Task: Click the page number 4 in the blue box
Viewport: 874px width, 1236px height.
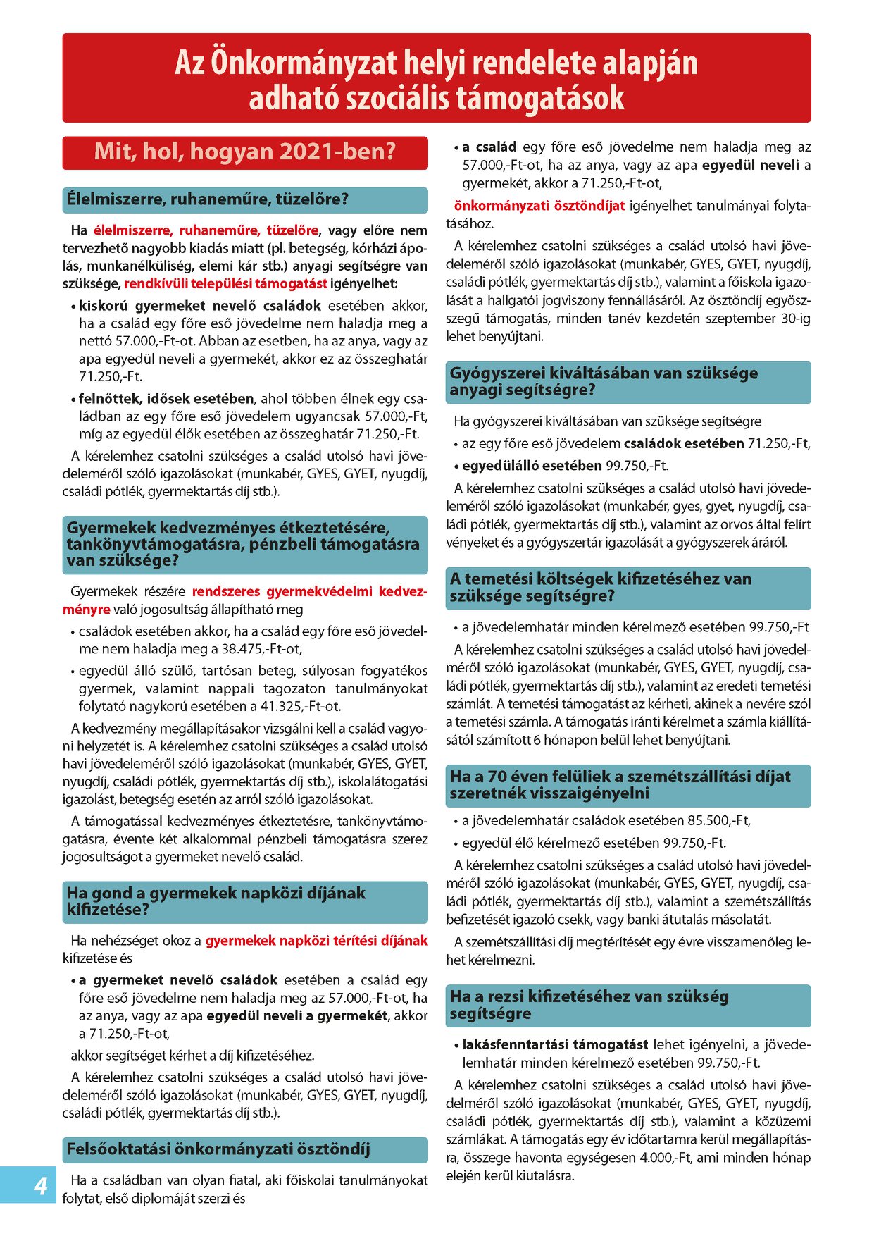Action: point(42,1186)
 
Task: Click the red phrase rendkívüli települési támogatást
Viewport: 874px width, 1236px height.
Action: point(225,284)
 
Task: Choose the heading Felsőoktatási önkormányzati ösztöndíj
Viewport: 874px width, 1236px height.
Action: point(218,1149)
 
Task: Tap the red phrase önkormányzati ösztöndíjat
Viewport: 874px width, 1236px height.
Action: point(539,206)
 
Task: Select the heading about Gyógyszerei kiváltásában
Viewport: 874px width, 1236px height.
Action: point(604,381)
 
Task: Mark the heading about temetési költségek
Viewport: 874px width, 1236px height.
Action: point(601,587)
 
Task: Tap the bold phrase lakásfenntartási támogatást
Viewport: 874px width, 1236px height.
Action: point(555,1044)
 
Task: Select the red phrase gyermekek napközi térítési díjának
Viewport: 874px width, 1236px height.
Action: point(316,940)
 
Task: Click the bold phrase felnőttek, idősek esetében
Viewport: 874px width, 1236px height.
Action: point(166,398)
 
